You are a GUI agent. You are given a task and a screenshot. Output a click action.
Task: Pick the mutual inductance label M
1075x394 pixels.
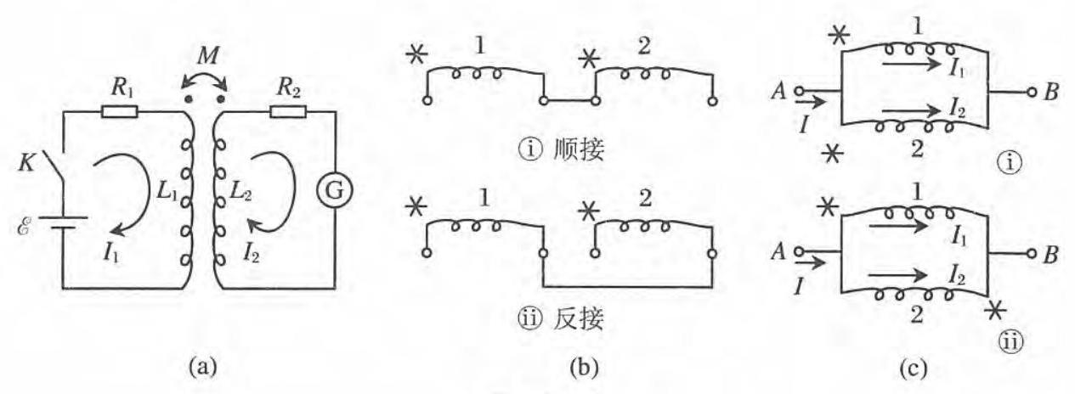(203, 58)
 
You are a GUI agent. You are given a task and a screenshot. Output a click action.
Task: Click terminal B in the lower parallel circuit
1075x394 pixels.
(1052, 253)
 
